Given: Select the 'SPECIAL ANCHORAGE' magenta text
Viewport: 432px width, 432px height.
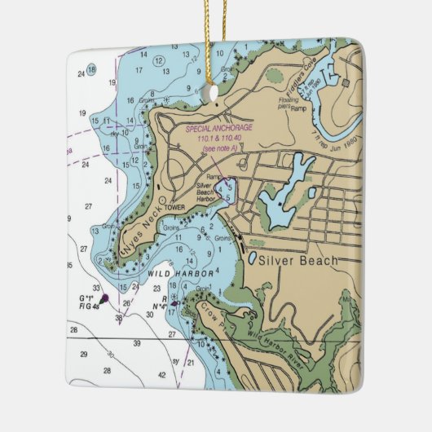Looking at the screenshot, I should point(219,129).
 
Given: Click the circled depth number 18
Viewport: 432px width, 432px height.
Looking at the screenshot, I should point(92,69).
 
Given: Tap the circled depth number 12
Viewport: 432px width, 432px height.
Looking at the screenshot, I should point(160,61).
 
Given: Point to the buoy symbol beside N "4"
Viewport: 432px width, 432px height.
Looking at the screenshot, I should point(174,306).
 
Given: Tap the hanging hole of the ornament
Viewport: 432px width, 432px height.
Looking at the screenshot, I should point(214,94).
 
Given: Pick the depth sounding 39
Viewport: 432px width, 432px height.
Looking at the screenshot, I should point(137,343).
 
